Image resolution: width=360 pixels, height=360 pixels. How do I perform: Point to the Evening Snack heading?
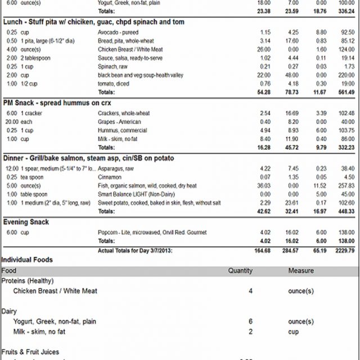click(26, 222)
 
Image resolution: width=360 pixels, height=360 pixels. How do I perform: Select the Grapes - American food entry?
click(119, 121)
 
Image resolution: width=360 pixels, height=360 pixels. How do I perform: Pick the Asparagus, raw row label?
click(117, 168)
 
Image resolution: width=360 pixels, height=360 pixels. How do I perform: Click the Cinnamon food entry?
click(111, 177)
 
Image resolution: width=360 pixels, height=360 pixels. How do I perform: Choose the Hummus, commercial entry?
click(123, 130)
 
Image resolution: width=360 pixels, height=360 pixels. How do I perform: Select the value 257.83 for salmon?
click(344, 185)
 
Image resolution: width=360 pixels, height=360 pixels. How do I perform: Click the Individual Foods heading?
click(27, 260)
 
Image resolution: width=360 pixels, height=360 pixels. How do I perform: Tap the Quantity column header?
click(240, 271)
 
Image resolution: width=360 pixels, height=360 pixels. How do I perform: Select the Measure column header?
click(301, 271)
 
